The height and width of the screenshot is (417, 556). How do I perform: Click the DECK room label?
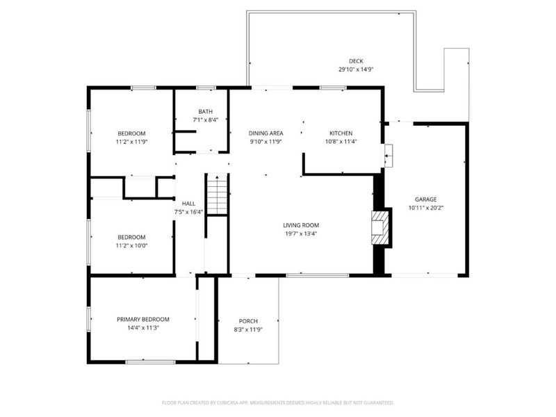tap(356, 60)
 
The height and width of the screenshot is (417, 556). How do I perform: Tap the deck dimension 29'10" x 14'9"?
tap(356, 69)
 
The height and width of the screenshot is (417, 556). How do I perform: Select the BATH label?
tap(205, 111)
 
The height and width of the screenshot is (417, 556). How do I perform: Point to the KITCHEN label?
tap(341, 133)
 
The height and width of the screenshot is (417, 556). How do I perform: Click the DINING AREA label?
tap(265, 133)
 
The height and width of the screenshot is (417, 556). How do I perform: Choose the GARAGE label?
tap(426, 199)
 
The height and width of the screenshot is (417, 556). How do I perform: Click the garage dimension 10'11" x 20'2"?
tap(426, 208)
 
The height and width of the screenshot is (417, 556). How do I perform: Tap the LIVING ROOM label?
tap(300, 224)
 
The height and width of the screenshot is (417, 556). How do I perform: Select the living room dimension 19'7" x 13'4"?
tap(300, 234)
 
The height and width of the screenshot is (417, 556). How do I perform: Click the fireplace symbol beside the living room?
tap(380, 228)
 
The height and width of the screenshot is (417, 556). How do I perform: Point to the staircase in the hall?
tap(216, 195)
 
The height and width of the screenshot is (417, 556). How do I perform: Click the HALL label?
tap(188, 203)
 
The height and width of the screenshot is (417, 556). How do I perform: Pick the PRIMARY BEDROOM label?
tap(142, 319)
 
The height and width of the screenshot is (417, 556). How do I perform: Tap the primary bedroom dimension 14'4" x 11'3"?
tap(142, 328)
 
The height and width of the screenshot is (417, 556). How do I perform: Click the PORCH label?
tap(248, 320)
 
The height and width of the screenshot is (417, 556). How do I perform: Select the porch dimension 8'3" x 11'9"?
tap(248, 329)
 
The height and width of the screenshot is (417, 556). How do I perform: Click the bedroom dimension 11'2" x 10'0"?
tap(131, 245)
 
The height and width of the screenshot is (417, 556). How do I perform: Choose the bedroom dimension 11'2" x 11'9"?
tap(131, 142)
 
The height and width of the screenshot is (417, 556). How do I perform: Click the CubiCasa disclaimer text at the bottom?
tap(278, 402)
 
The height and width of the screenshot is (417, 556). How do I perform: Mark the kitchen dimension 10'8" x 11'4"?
tap(341, 142)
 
